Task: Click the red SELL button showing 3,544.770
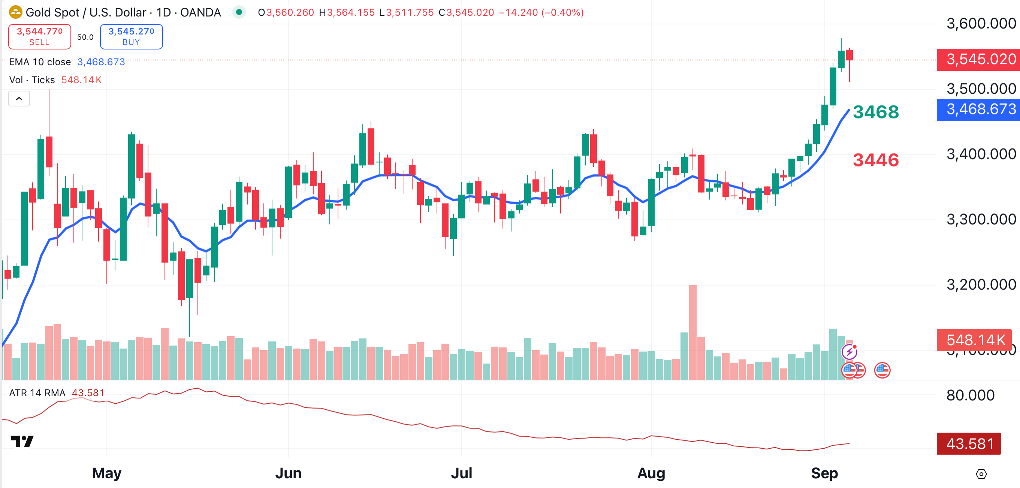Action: (x=40, y=36)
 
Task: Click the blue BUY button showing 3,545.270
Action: (x=131, y=36)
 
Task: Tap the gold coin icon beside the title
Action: (x=15, y=12)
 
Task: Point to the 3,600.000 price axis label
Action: (x=981, y=24)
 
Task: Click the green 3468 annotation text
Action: (x=875, y=112)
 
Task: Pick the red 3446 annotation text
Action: (x=875, y=160)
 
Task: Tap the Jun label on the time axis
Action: (x=288, y=473)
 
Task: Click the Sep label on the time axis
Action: (x=824, y=473)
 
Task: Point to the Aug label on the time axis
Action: (x=651, y=473)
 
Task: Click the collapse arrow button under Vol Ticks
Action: (x=19, y=99)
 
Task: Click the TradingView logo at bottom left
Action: (x=22, y=441)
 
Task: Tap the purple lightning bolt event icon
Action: (x=849, y=351)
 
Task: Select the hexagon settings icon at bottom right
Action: (x=981, y=474)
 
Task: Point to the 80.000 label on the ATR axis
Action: (x=970, y=395)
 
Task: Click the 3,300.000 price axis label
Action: (x=981, y=219)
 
